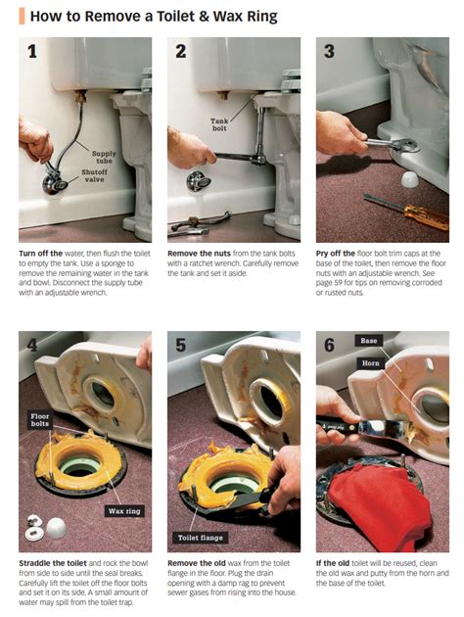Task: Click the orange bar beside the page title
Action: pos(22,17)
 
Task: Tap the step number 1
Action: pos(32,51)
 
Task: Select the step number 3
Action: pos(329,51)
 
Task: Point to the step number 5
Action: pos(180,345)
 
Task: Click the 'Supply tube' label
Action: pos(104,157)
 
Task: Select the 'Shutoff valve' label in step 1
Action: pos(94,175)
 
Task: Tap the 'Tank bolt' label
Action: pos(219,124)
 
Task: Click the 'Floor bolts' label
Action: pos(40,420)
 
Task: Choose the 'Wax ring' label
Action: pos(124,511)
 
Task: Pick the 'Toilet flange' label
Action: pos(200,538)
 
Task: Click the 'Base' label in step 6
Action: pos(368,341)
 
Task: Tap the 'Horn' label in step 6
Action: pos(370,363)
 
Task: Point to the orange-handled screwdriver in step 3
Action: pos(406,211)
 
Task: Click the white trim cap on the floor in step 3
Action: pos(411,179)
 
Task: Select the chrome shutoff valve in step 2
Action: pos(199,181)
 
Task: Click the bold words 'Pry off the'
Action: pos(336,254)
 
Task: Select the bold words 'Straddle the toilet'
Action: pos(54,563)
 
